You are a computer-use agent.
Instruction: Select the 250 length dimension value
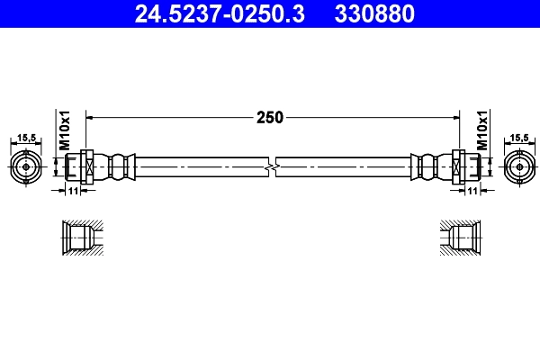point(270,117)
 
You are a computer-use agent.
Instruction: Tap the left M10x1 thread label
point(65,131)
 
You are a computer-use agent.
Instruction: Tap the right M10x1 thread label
point(481,131)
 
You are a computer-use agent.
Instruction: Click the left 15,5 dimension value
point(26,138)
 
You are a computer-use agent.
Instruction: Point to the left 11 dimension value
point(74,191)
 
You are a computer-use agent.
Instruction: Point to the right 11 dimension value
point(471,191)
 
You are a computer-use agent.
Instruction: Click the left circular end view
point(26,166)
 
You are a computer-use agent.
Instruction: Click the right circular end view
point(517,166)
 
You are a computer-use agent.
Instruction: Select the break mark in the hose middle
point(272,167)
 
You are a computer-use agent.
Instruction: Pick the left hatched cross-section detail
point(79,238)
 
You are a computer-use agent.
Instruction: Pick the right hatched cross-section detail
point(460,238)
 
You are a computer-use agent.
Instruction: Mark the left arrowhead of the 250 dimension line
point(91,117)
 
